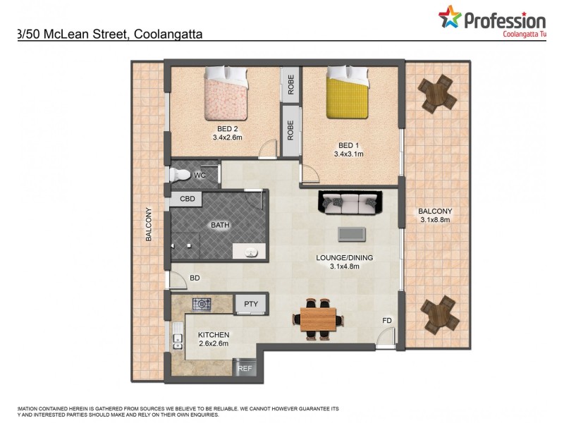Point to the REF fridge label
click(245, 368)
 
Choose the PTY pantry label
click(251, 305)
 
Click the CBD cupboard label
click(187, 200)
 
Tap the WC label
click(200, 175)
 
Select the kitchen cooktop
click(202, 305)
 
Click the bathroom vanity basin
click(250, 252)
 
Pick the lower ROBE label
click(290, 129)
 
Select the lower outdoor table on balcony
click(440, 314)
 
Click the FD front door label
click(387, 321)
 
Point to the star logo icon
click(449, 18)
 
